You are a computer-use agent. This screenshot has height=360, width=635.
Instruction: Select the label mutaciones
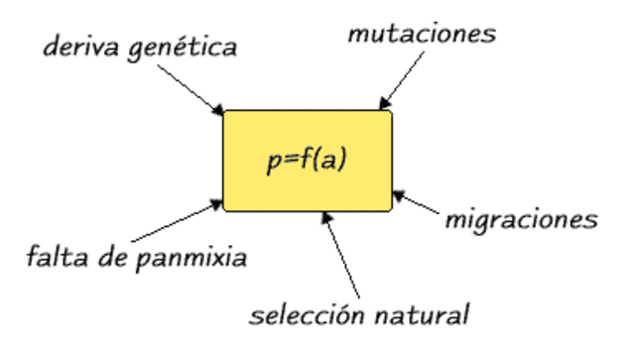tap(422, 34)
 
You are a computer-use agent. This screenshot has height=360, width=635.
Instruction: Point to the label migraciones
tap(521, 218)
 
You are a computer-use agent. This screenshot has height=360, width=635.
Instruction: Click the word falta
tap(54, 259)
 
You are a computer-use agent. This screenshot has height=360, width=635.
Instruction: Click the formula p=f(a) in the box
tap(307, 161)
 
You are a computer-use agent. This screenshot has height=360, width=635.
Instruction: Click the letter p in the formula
tap(274, 163)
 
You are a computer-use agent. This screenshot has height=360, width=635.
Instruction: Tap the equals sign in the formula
tap(290, 161)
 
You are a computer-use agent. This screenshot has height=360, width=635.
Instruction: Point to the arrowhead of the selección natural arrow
tap(324, 217)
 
